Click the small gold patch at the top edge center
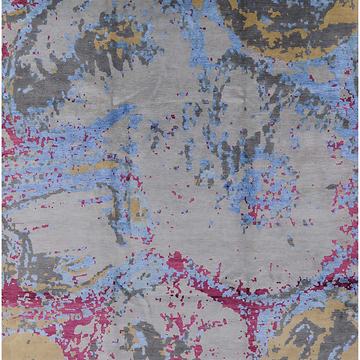point(198,4)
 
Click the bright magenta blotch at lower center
point(177,262)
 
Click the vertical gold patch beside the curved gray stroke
point(135,208)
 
